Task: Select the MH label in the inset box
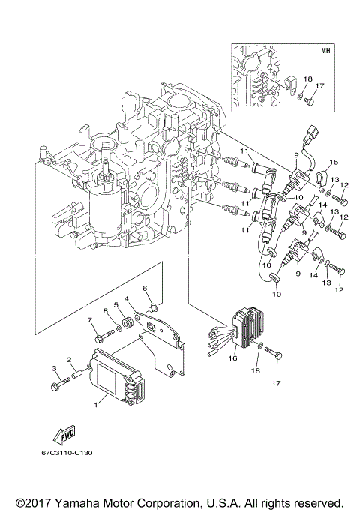click(x=325, y=52)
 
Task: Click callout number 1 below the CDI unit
click(x=95, y=405)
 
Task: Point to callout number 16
click(x=232, y=359)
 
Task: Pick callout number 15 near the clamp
click(x=334, y=161)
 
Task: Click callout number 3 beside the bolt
click(x=54, y=367)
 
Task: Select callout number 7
click(x=89, y=321)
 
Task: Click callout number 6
click(x=145, y=289)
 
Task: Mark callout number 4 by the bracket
click(x=128, y=299)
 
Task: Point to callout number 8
click(x=106, y=310)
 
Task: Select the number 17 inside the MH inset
click(x=319, y=86)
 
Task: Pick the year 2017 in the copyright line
click(x=33, y=502)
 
